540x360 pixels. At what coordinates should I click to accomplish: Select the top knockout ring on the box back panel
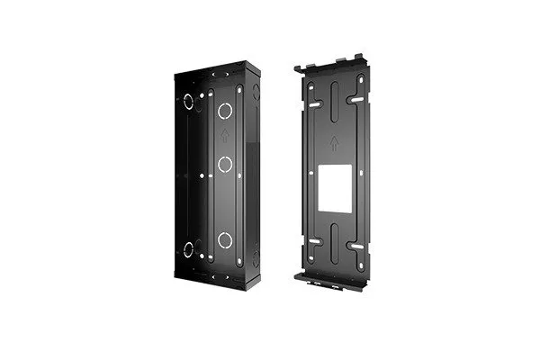(x=224, y=112)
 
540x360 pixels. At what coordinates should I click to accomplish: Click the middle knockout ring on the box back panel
(x=224, y=165)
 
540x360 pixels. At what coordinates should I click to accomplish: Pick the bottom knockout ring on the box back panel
(x=224, y=239)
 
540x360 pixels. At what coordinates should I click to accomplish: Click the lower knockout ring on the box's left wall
(x=189, y=249)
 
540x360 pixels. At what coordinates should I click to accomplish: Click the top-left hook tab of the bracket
(x=301, y=67)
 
